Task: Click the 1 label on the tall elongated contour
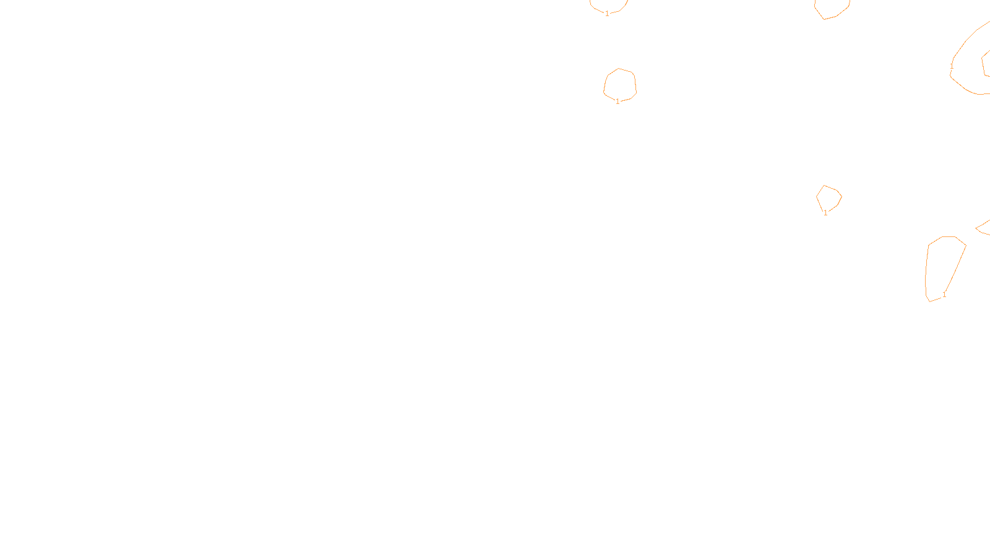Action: coord(944,295)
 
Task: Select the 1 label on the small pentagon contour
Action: coord(825,213)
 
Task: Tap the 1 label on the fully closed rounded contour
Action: coord(618,101)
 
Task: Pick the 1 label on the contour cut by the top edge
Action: coord(607,14)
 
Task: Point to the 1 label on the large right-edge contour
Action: coord(952,66)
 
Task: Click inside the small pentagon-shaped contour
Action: coord(829,198)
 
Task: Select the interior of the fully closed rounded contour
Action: coord(620,84)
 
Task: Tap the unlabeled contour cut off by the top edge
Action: coord(832,7)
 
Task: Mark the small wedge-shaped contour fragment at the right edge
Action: coord(984,229)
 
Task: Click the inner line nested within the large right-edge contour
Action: coord(984,64)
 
